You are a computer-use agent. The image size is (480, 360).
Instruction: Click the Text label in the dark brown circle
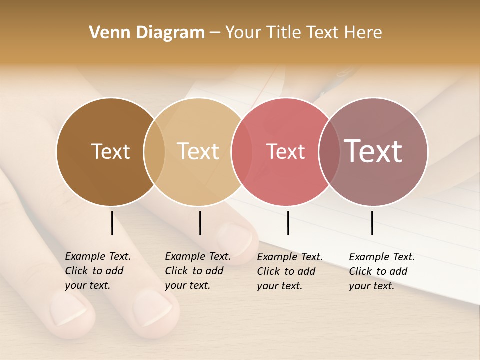tap(110, 151)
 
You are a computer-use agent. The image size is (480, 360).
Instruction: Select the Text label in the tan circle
tap(198, 151)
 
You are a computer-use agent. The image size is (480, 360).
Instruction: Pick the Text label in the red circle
tap(285, 151)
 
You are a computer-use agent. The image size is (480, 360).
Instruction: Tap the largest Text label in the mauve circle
tap(373, 151)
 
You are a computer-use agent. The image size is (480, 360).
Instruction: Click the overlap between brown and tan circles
tap(154, 151)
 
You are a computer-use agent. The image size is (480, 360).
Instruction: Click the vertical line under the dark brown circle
tap(112, 223)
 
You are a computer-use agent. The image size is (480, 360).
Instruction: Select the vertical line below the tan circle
tap(200, 223)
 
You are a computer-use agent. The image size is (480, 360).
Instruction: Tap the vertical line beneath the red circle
tap(288, 223)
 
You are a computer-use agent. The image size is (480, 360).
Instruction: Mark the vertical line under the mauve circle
tap(372, 223)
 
